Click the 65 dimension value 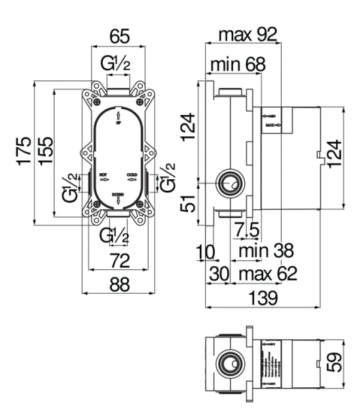coord(120,35)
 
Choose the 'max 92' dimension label coord(247,35)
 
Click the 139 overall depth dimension coord(262,298)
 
